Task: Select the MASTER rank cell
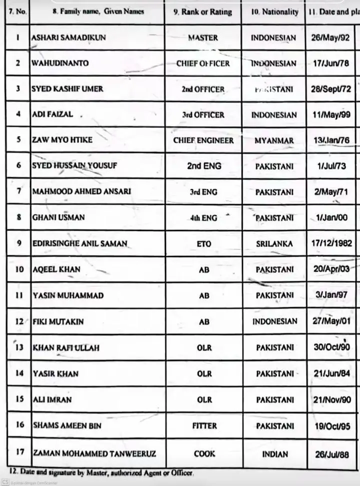tap(203, 38)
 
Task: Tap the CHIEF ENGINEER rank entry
tap(203, 141)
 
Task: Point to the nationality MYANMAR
tap(274, 141)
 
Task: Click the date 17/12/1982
tap(330, 244)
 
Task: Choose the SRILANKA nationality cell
tap(273, 244)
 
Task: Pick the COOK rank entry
tap(204, 454)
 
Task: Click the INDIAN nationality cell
tap(274, 454)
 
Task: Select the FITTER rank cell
tap(204, 426)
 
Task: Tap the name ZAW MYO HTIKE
tap(61, 140)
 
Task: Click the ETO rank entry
tap(204, 244)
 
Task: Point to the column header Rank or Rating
tap(202, 11)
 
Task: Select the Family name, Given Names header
tap(97, 11)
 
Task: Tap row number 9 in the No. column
tap(18, 243)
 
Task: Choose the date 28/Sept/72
tap(330, 89)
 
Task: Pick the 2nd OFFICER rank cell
tap(203, 89)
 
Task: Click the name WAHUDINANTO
tap(59, 64)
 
